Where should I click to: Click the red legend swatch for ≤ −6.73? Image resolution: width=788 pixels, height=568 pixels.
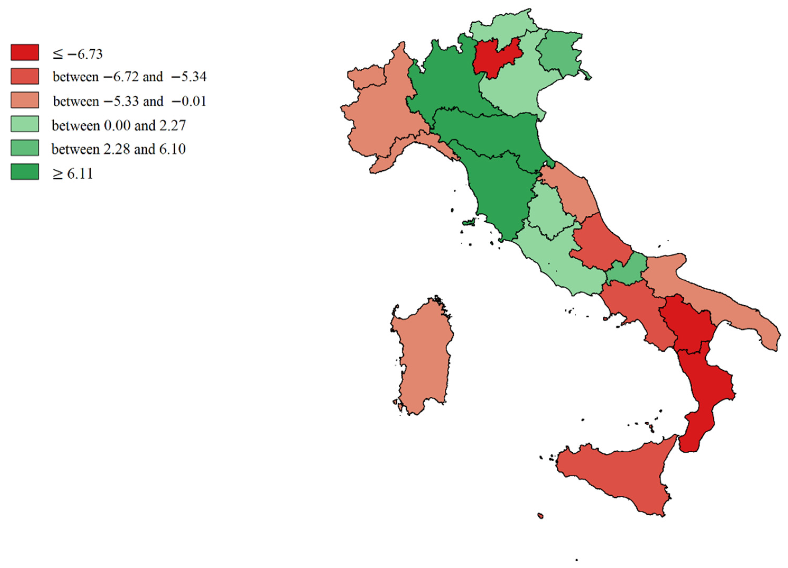point(25,53)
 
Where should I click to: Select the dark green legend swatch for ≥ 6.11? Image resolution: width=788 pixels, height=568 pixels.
point(25,172)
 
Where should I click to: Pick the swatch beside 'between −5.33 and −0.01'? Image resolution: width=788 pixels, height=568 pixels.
point(25,100)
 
